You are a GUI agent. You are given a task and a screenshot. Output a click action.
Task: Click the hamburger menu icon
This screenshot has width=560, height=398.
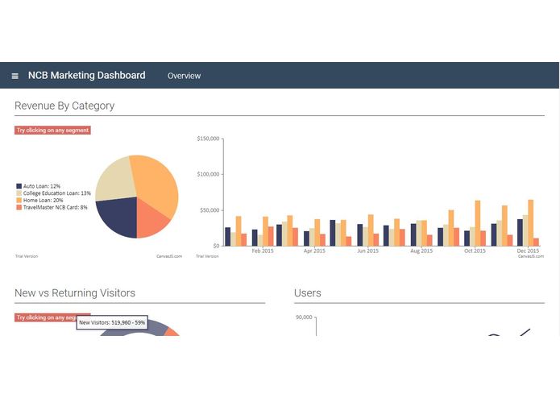[x=15, y=76]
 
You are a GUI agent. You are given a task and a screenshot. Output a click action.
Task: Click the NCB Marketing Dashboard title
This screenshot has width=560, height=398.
[x=86, y=75]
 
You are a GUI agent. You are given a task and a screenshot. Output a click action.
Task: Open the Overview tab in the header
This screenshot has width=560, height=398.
[x=184, y=76]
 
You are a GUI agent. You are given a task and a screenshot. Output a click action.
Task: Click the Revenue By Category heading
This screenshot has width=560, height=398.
[x=64, y=106]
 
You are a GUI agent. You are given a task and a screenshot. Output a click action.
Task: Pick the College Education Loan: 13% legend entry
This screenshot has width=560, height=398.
[x=52, y=193]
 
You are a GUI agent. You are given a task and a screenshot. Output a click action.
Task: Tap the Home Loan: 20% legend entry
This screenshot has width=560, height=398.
[x=39, y=201]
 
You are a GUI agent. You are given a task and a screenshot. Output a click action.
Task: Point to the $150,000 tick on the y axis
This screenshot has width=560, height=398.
[x=208, y=139]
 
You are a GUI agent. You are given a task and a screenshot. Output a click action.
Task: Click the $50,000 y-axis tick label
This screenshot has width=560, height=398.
[x=209, y=210]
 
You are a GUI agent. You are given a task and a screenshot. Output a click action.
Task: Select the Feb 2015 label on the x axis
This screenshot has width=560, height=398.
[x=263, y=251]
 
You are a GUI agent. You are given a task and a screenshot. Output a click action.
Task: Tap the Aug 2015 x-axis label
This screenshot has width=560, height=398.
[x=421, y=251]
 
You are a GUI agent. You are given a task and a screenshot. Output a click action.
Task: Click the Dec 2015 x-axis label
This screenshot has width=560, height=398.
[x=528, y=251]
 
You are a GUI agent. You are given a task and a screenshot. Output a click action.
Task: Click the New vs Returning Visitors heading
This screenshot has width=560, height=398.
[x=75, y=293]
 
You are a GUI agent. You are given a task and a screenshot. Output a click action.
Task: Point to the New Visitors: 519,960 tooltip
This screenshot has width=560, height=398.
[x=112, y=322]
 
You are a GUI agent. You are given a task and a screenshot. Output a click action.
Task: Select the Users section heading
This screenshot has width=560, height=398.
[x=308, y=293]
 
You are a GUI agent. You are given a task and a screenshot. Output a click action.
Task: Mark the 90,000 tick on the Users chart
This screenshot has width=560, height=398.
[x=304, y=317]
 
